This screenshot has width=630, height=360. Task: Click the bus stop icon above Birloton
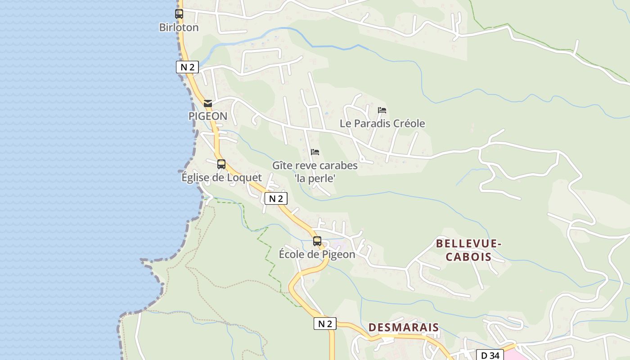coord(179,14)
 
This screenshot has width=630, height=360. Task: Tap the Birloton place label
coord(179,27)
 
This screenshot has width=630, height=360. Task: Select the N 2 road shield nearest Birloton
coord(187,67)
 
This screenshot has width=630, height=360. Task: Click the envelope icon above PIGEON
coord(207,103)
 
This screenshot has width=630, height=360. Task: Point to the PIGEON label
coord(207,116)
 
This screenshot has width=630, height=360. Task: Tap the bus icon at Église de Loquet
coord(221,164)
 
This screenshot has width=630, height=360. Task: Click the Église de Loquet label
coord(221,177)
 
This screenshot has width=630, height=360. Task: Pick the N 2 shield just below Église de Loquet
coord(275,198)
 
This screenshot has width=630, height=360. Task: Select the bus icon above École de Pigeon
coord(317,241)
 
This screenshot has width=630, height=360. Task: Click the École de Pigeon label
coord(317,254)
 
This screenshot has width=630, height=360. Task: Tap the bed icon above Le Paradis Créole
coord(382,110)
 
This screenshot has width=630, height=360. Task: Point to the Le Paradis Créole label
coord(382,123)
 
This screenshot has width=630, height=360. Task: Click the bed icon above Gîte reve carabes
coord(315,152)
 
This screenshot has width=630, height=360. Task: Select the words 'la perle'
coord(315,179)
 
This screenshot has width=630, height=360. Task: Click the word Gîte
coord(282,166)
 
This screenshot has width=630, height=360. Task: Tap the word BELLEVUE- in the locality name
coord(468,244)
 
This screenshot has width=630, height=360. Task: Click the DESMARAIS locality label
coord(404,327)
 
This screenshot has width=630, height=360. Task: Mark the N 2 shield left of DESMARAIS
coord(325,324)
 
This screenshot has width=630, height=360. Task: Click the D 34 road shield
coord(490,355)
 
